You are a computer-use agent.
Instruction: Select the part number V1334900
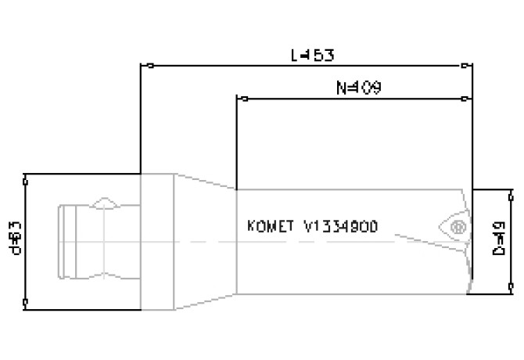(341, 227)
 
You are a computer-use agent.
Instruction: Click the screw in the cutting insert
(458, 228)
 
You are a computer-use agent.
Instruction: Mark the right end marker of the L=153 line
(468, 66)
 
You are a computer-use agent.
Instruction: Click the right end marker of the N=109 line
(468, 99)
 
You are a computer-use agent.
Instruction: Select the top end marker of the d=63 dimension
(26, 175)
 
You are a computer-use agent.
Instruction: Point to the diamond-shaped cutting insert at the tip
(452, 225)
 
